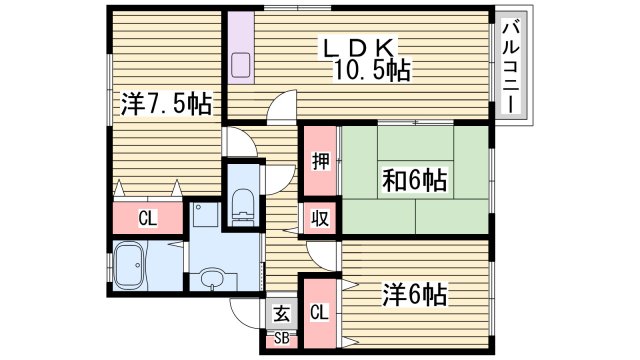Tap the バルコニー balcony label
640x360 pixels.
click(511, 66)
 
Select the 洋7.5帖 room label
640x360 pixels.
click(166, 104)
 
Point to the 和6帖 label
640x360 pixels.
click(414, 181)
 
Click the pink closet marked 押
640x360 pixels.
click(320, 162)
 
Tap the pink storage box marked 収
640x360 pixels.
click(320, 217)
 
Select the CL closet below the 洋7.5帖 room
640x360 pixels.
click(147, 217)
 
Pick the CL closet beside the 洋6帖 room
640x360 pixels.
click(320, 312)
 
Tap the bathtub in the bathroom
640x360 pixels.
click(134, 266)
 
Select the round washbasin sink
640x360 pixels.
click(211, 279)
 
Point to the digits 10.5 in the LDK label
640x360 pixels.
click(362, 70)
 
